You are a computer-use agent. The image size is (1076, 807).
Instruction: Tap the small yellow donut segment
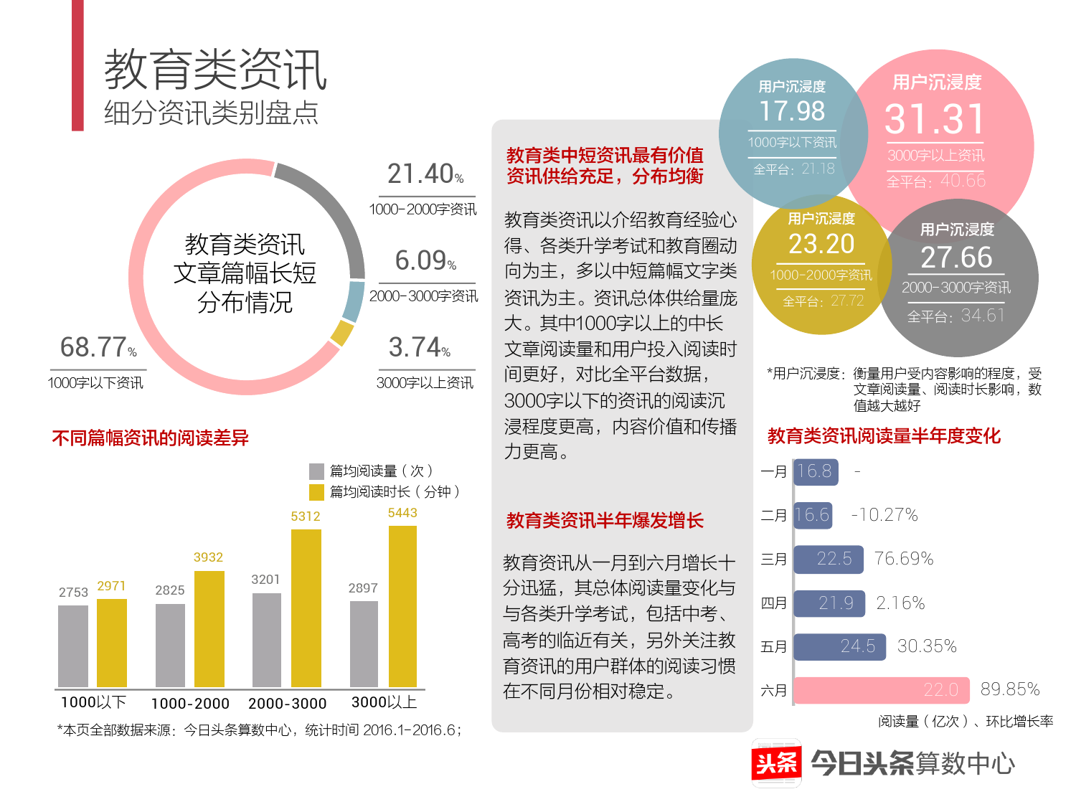pos(341,333)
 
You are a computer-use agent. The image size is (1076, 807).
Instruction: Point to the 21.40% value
pos(425,174)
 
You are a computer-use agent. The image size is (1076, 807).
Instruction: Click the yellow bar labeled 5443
pos(402,606)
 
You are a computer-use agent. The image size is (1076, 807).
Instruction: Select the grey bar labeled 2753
pos(73,646)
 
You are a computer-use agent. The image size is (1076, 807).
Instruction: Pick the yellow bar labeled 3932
pos(209,628)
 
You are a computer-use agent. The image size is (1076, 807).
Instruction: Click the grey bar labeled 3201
pos(267,640)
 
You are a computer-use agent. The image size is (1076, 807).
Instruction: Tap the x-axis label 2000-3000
pos(287,704)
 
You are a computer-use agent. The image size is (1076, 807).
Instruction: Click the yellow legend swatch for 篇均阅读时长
pos(316,492)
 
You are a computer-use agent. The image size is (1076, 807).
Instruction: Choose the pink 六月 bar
pos(882,690)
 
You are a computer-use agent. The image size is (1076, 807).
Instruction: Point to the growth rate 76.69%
pos(904,559)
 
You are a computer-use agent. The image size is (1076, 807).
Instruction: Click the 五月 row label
pos(774,647)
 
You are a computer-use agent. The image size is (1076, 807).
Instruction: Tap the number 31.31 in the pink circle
pos(935,119)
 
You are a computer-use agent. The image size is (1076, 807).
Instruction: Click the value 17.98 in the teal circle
pos(792,111)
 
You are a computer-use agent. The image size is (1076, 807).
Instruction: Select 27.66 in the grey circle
pos(956,258)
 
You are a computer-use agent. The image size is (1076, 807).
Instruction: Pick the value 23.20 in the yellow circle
pos(821,245)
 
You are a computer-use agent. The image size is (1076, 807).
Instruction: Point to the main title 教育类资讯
pos(215,70)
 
